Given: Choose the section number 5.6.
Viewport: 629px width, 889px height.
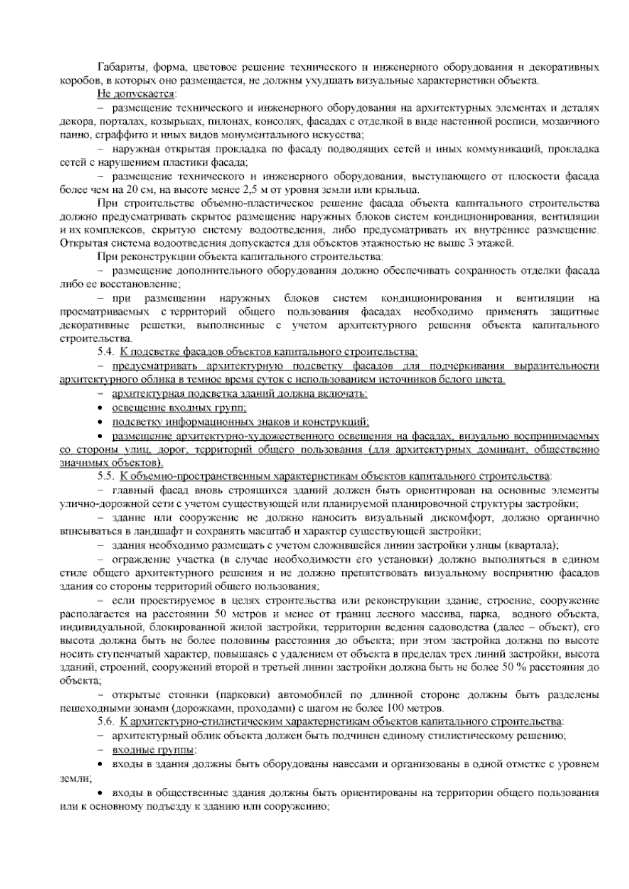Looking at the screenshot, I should pyautogui.click(x=106, y=721).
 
